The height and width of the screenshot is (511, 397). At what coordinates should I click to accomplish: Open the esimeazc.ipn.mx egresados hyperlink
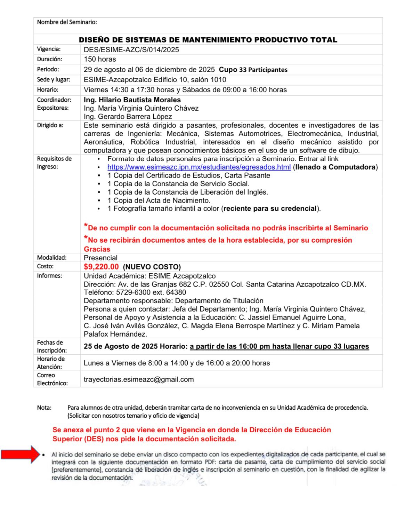click(199, 167)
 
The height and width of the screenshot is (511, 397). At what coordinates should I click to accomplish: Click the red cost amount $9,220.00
click(101, 267)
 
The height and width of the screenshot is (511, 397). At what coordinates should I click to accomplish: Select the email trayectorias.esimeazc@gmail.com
click(139, 379)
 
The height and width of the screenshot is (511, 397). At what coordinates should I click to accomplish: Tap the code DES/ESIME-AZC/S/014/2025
click(131, 50)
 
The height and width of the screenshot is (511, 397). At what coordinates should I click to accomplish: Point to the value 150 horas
click(100, 59)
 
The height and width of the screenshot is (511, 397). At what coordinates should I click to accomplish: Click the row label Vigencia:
click(49, 49)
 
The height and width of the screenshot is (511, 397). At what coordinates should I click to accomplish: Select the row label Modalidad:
click(52, 258)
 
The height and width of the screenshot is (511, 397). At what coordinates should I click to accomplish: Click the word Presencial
click(100, 258)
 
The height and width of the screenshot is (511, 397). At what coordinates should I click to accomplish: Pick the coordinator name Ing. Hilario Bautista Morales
click(132, 100)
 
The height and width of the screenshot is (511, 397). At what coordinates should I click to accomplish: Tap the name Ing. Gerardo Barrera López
click(128, 117)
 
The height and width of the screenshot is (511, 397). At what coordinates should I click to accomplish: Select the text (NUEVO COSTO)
click(152, 267)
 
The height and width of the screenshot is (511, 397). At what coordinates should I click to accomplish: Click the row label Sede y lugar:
click(54, 79)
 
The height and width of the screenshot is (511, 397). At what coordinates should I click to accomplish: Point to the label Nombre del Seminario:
click(67, 22)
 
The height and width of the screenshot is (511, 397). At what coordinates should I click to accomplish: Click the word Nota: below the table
click(44, 408)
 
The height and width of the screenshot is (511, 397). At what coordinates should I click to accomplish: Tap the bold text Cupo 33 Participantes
click(253, 70)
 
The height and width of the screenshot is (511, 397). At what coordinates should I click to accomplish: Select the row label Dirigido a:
click(50, 125)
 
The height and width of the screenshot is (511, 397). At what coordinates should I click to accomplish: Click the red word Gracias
click(97, 249)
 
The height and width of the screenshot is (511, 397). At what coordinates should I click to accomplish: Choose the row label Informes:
click(49, 276)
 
